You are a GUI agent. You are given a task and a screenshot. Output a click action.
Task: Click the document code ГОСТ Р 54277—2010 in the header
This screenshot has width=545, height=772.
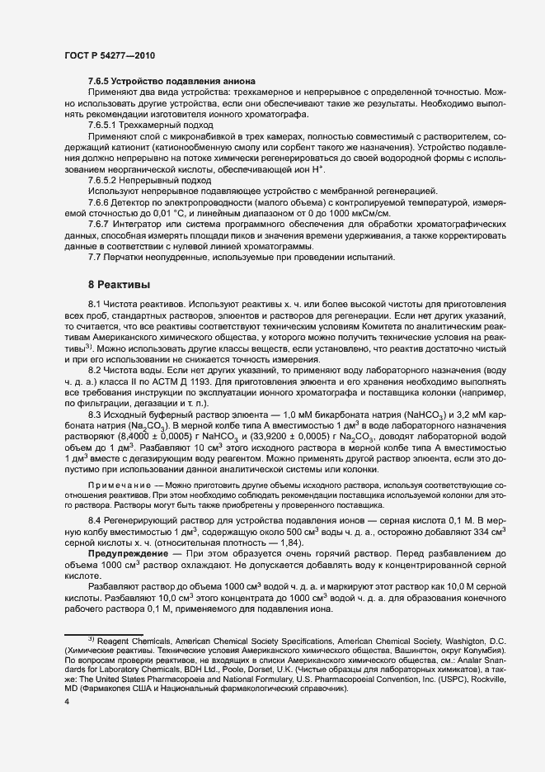pos(108,54)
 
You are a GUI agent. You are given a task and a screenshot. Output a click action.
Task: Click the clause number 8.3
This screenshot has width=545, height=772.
pos(95,413)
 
